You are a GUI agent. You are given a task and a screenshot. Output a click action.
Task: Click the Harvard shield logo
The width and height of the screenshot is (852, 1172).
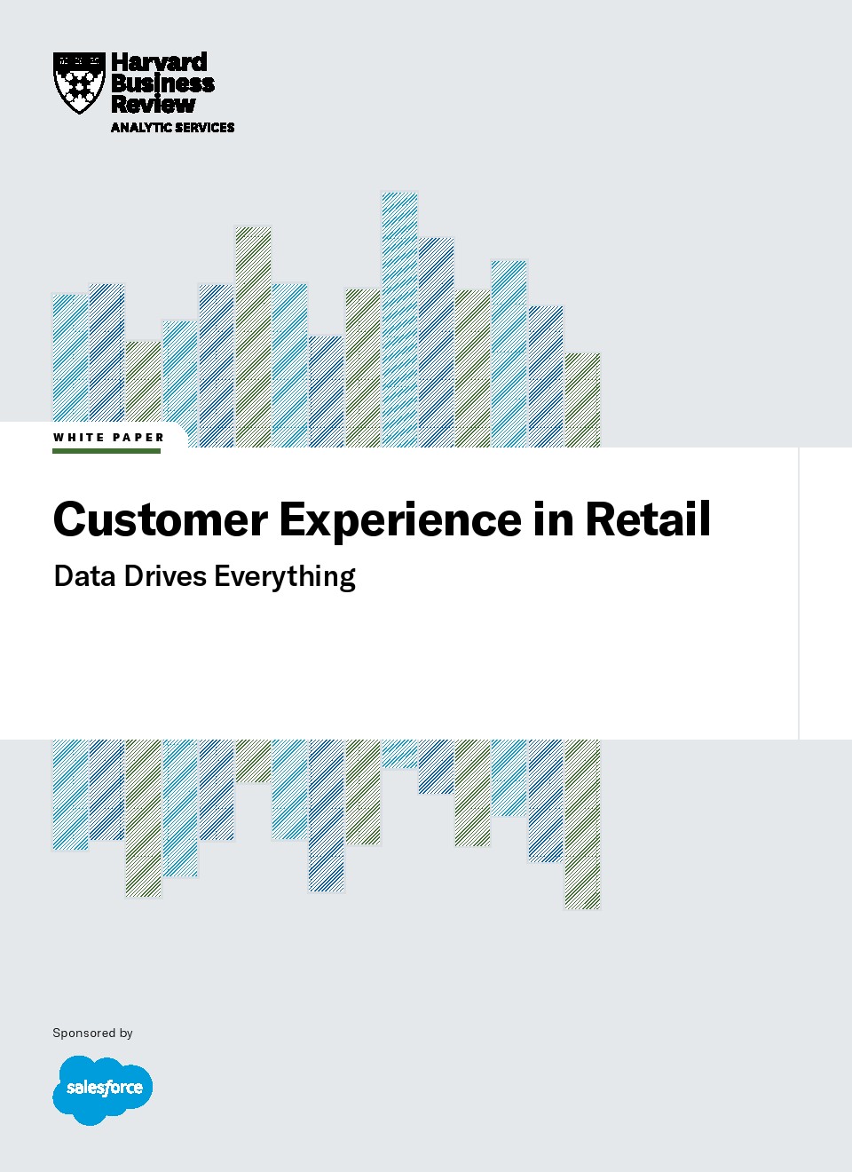(x=80, y=83)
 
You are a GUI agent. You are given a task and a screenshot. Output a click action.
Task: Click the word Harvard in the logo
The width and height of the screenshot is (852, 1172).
(x=160, y=63)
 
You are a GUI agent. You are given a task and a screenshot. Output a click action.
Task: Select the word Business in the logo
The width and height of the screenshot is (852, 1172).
(x=162, y=83)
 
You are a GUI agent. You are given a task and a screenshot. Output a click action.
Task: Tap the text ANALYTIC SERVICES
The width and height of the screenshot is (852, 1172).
(x=172, y=127)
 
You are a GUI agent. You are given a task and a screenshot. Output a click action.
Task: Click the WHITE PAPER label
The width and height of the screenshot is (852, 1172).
(x=108, y=438)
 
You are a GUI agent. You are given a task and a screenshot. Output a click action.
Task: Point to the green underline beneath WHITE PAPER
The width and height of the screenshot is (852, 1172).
(x=106, y=451)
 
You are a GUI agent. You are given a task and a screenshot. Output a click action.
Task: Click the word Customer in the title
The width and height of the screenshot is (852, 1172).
(x=161, y=519)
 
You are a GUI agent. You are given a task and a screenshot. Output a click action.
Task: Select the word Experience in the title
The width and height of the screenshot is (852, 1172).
(x=400, y=522)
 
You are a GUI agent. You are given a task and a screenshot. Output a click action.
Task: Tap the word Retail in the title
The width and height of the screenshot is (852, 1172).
(x=648, y=519)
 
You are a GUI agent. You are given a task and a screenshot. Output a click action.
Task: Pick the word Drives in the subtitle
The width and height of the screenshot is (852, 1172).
(x=165, y=576)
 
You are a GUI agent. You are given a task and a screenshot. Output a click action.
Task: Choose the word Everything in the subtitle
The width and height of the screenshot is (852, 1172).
(x=285, y=578)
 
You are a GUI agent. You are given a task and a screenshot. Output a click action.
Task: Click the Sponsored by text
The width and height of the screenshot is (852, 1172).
(x=92, y=1033)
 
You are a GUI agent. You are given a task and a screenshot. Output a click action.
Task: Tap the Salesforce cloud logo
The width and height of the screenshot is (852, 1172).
(x=103, y=1090)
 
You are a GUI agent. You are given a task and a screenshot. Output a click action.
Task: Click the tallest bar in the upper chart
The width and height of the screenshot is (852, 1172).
(x=399, y=320)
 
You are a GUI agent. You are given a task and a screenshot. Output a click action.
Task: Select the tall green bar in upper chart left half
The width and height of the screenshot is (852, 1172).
(x=253, y=337)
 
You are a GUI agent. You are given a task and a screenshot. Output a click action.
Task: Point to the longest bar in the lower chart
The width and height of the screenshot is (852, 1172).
(x=582, y=824)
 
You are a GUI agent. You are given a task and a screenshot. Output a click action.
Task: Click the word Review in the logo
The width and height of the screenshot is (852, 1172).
(x=153, y=104)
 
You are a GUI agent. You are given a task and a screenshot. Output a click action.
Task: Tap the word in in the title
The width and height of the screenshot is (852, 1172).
(x=553, y=519)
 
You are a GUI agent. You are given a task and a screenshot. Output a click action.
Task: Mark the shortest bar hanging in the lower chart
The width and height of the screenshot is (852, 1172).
(x=399, y=754)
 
